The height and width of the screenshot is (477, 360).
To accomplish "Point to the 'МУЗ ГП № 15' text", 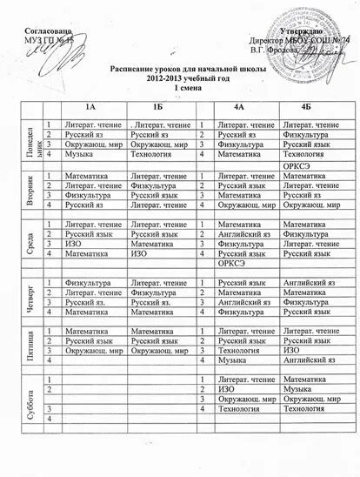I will click(x=50, y=42).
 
